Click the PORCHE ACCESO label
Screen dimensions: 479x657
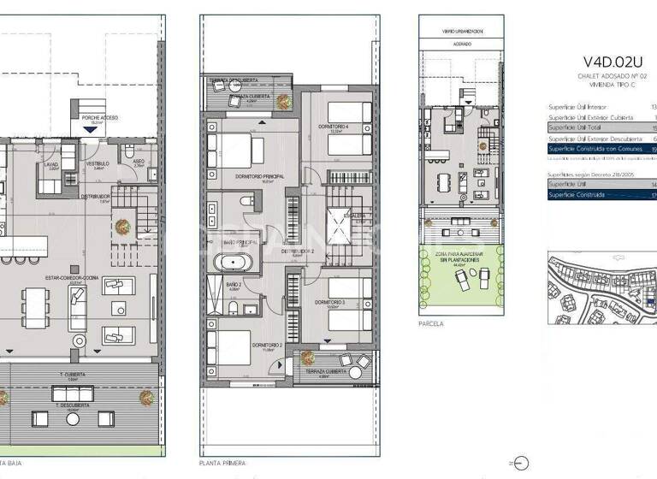99,117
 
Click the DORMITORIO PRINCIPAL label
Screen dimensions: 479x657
258,176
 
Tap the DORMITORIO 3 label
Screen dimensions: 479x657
329,302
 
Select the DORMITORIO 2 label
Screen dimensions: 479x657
267,346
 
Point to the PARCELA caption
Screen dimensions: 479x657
430,325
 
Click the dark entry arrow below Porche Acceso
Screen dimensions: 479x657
91,129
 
